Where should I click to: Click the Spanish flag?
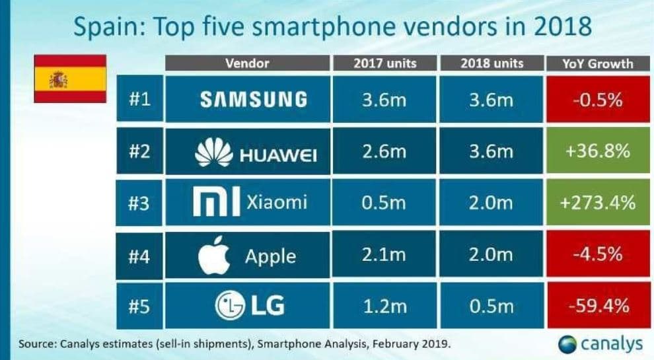(x=69, y=79)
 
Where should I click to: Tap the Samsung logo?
(x=254, y=100)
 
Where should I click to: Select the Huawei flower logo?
(x=214, y=153)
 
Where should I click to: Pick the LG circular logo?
(x=230, y=306)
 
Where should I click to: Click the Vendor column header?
(x=247, y=63)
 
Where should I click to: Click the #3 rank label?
(x=139, y=203)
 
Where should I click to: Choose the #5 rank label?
(x=139, y=306)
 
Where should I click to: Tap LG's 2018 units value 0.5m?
(x=490, y=306)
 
